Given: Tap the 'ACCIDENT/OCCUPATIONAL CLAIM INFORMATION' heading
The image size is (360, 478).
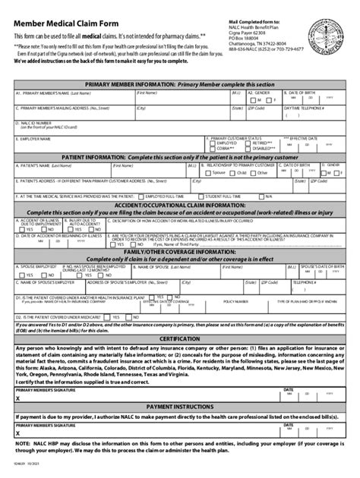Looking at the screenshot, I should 180,205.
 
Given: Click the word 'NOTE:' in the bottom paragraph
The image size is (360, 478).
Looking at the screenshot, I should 23,442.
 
